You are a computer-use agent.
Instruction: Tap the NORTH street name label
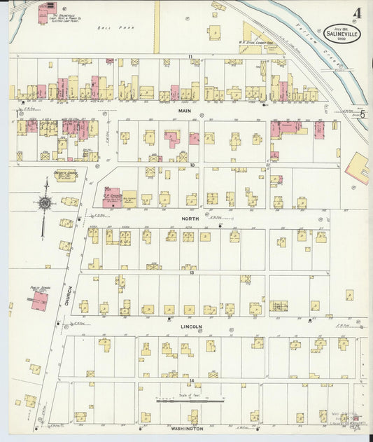(x=190, y=219)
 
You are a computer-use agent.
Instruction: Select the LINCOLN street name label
(x=192, y=326)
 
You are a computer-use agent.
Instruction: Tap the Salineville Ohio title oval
(x=343, y=33)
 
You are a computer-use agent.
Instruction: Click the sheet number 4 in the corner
(x=358, y=13)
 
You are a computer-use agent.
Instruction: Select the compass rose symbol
(x=45, y=203)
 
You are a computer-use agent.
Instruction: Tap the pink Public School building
(x=40, y=301)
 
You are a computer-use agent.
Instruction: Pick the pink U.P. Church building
(x=113, y=198)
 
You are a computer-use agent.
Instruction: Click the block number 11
(x=189, y=55)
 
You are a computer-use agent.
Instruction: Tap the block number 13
(x=190, y=272)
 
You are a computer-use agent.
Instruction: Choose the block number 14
(x=190, y=380)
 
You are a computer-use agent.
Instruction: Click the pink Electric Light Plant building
(x=48, y=11)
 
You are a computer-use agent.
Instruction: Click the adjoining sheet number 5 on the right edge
(x=363, y=113)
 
